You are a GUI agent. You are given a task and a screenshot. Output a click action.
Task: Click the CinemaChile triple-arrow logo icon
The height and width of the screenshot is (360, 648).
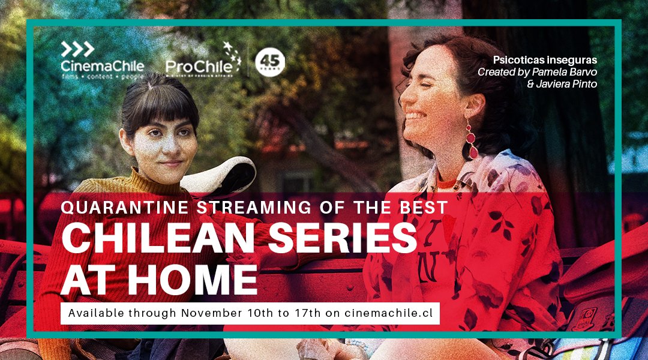pos(78,49)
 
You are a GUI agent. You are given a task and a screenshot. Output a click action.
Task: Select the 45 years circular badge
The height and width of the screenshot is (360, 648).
pos(269,62)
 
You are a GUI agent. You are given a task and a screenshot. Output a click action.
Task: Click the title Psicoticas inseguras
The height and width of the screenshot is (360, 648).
pos(545,61)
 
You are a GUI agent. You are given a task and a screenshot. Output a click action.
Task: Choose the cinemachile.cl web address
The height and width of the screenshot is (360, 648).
pos(389,313)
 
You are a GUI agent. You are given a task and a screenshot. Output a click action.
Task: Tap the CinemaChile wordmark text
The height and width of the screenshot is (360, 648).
pos(102,65)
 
